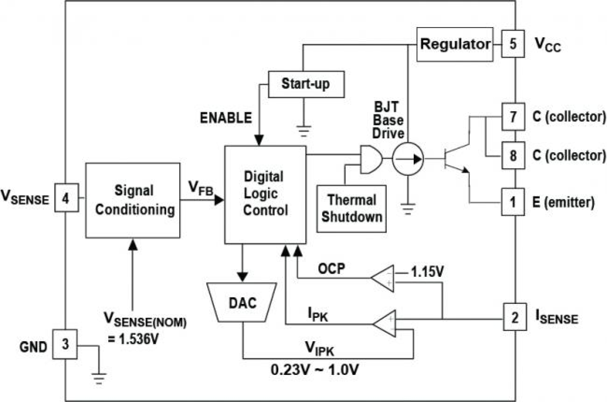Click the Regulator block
tap(454, 45)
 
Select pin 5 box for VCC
tap(513, 45)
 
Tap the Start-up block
tap(305, 84)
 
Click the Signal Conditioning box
tap(132, 200)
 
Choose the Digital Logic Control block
tap(265, 194)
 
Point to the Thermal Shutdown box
tap(352, 208)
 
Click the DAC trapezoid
tap(242, 302)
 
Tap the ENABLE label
tap(227, 118)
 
